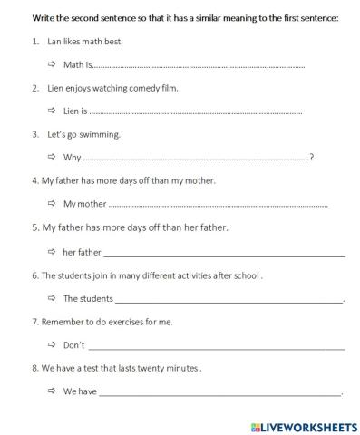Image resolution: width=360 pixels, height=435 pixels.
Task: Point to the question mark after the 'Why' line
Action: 312,158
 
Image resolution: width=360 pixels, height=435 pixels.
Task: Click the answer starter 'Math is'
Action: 78,65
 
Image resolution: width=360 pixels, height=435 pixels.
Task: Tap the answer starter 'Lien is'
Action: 75,111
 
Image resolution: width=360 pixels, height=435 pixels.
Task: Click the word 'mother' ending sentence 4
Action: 199,180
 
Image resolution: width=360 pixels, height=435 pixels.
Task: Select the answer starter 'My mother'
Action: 84,204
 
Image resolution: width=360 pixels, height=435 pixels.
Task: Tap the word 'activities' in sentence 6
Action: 171,275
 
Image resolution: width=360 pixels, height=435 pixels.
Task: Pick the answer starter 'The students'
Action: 88,298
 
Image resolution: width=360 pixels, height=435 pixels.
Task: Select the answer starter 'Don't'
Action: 73,345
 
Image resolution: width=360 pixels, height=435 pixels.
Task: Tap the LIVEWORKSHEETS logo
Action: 302,425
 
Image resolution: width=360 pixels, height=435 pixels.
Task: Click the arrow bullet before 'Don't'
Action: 52,345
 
